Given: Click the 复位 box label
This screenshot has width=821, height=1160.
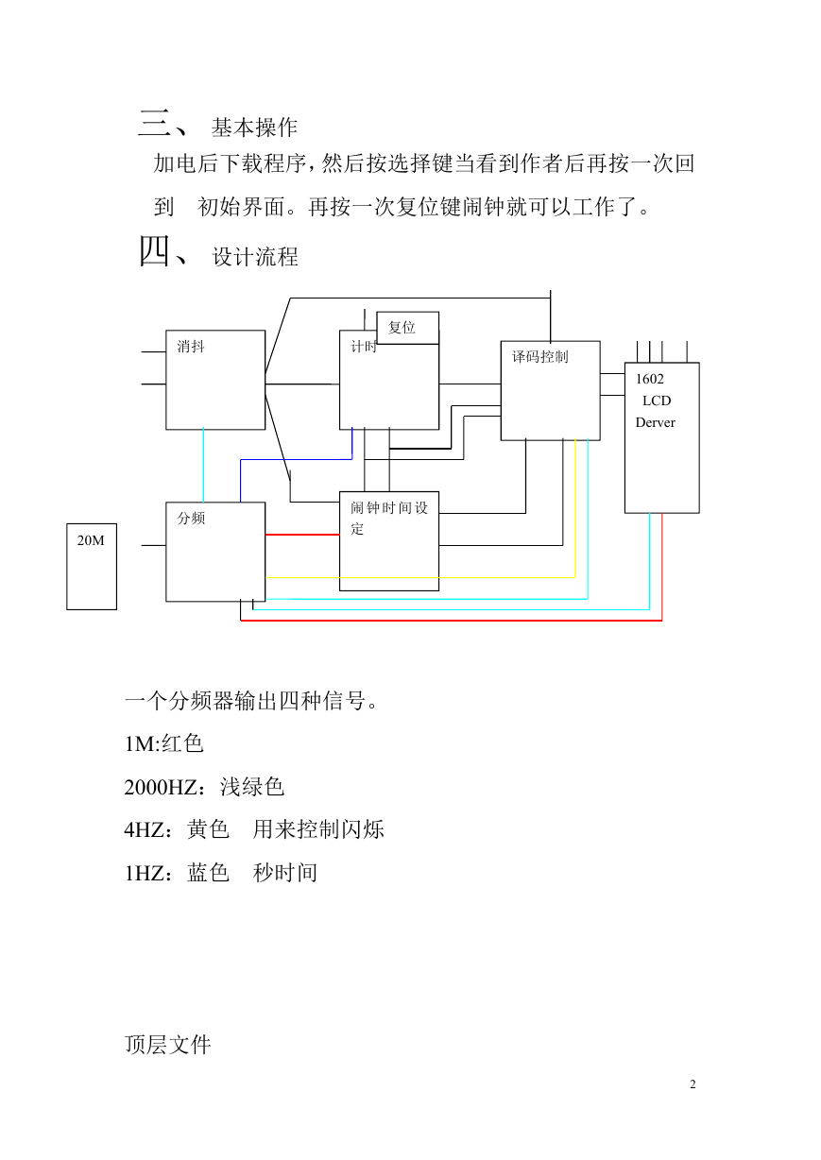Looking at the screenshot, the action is pyautogui.click(x=402, y=327).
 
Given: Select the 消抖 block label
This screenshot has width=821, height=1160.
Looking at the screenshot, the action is pyautogui.click(x=191, y=346).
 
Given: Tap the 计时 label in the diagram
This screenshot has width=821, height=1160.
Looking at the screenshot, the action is pyautogui.click(x=363, y=347).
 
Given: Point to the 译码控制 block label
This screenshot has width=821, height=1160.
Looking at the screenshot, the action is pyautogui.click(x=539, y=356).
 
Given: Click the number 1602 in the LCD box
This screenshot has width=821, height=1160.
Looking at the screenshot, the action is pyautogui.click(x=650, y=379).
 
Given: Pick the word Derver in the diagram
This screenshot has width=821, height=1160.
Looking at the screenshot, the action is pyautogui.click(x=656, y=422).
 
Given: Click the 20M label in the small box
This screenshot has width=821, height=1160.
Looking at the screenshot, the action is pyautogui.click(x=91, y=540).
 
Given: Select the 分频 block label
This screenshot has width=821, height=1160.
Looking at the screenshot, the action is pyautogui.click(x=191, y=518).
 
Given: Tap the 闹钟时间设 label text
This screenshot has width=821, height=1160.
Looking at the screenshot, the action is pyautogui.click(x=389, y=507).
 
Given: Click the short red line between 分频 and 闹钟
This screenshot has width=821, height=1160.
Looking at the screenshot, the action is pyautogui.click(x=302, y=535).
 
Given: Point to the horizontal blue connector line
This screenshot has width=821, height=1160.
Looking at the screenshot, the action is pyautogui.click(x=297, y=459).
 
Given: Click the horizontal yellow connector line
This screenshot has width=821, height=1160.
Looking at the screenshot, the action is pyautogui.click(x=420, y=577).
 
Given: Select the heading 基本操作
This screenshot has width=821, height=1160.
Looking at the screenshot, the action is pyautogui.click(x=254, y=128).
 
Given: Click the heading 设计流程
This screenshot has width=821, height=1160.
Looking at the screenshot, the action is pyautogui.click(x=255, y=257).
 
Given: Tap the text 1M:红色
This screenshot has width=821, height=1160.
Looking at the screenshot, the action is pyautogui.click(x=163, y=743).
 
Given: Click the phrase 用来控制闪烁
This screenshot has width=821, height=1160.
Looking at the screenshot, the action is pyautogui.click(x=318, y=829).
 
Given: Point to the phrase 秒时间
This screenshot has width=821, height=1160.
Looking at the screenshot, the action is pyautogui.click(x=285, y=873).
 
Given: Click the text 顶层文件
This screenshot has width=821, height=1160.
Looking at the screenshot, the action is pyautogui.click(x=168, y=1045).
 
